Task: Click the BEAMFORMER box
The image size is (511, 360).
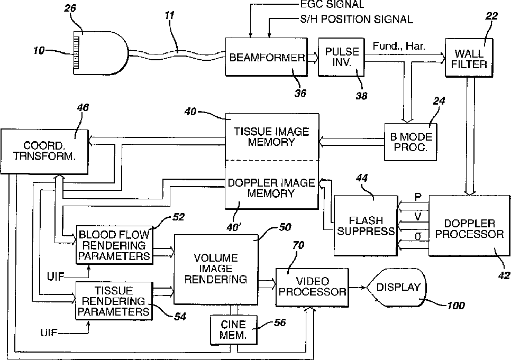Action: [x=266, y=57]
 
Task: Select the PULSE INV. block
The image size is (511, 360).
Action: [x=341, y=57]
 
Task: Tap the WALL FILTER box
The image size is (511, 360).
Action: [x=469, y=58]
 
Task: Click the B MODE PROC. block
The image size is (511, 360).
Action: [x=410, y=142]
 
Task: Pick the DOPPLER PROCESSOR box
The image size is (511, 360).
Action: [x=469, y=225]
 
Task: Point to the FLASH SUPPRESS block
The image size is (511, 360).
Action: [x=366, y=225]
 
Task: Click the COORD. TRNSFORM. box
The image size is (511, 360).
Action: [x=44, y=152]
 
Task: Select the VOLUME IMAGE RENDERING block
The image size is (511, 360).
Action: [x=216, y=270]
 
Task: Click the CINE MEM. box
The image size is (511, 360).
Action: [x=233, y=330]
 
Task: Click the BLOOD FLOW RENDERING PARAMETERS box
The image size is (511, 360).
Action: [x=114, y=245]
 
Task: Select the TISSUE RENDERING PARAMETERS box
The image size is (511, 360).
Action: [x=114, y=301]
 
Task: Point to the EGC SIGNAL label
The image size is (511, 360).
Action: [x=332, y=4]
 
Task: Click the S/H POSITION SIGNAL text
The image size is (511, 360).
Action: [x=357, y=19]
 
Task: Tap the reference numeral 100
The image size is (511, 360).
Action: [x=455, y=306]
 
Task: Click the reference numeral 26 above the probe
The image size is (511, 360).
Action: [x=70, y=8]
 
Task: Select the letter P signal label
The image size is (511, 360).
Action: [x=418, y=197]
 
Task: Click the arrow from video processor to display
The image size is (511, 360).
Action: [x=358, y=288]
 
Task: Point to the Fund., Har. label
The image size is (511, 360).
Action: [x=399, y=46]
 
